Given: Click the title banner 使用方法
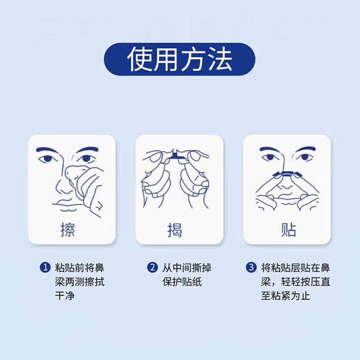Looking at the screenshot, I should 180,59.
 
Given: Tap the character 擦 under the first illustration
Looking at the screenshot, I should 67,229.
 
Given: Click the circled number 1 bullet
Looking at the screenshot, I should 45,268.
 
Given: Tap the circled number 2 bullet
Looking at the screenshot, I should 153,268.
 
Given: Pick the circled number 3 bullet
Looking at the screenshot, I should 251,268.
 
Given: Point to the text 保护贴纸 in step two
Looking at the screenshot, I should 182,283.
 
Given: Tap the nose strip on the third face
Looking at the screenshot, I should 287,173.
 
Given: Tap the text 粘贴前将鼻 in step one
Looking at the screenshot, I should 79,268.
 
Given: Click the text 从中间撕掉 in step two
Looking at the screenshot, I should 187,268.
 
